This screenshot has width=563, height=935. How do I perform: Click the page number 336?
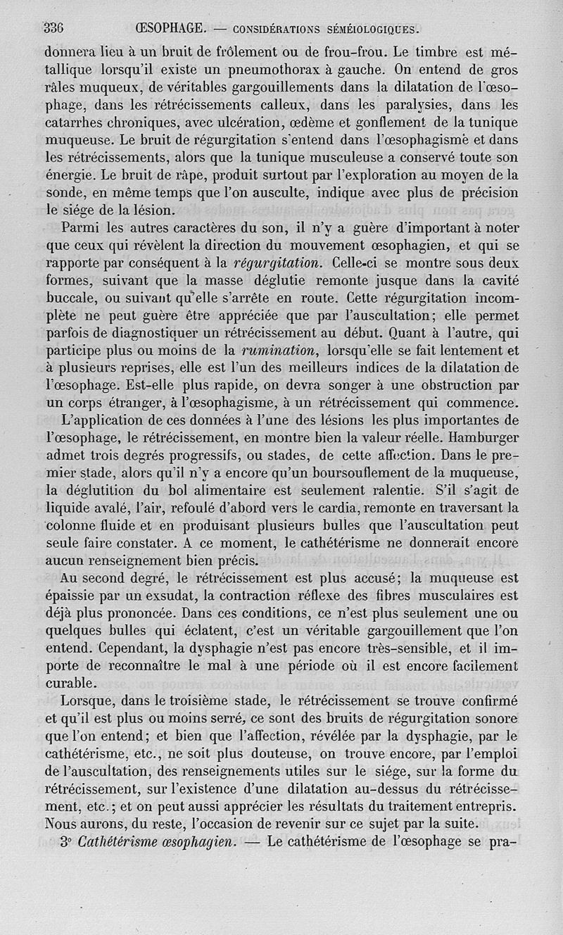click(x=54, y=29)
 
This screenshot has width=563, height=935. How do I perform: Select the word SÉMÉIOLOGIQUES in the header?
click(x=370, y=30)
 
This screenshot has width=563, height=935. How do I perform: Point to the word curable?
click(x=69, y=683)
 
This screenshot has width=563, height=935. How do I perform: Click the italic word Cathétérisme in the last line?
click(x=122, y=840)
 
